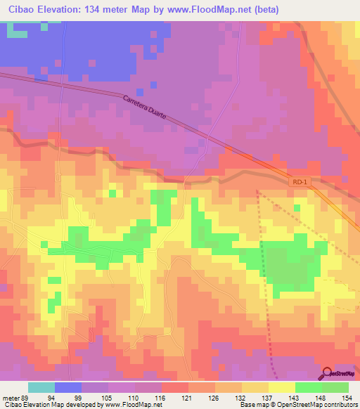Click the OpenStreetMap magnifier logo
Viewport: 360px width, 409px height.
[x=328, y=373]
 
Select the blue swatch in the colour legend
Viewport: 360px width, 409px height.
[x=68, y=387]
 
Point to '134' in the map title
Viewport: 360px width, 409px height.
[x=95, y=10]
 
